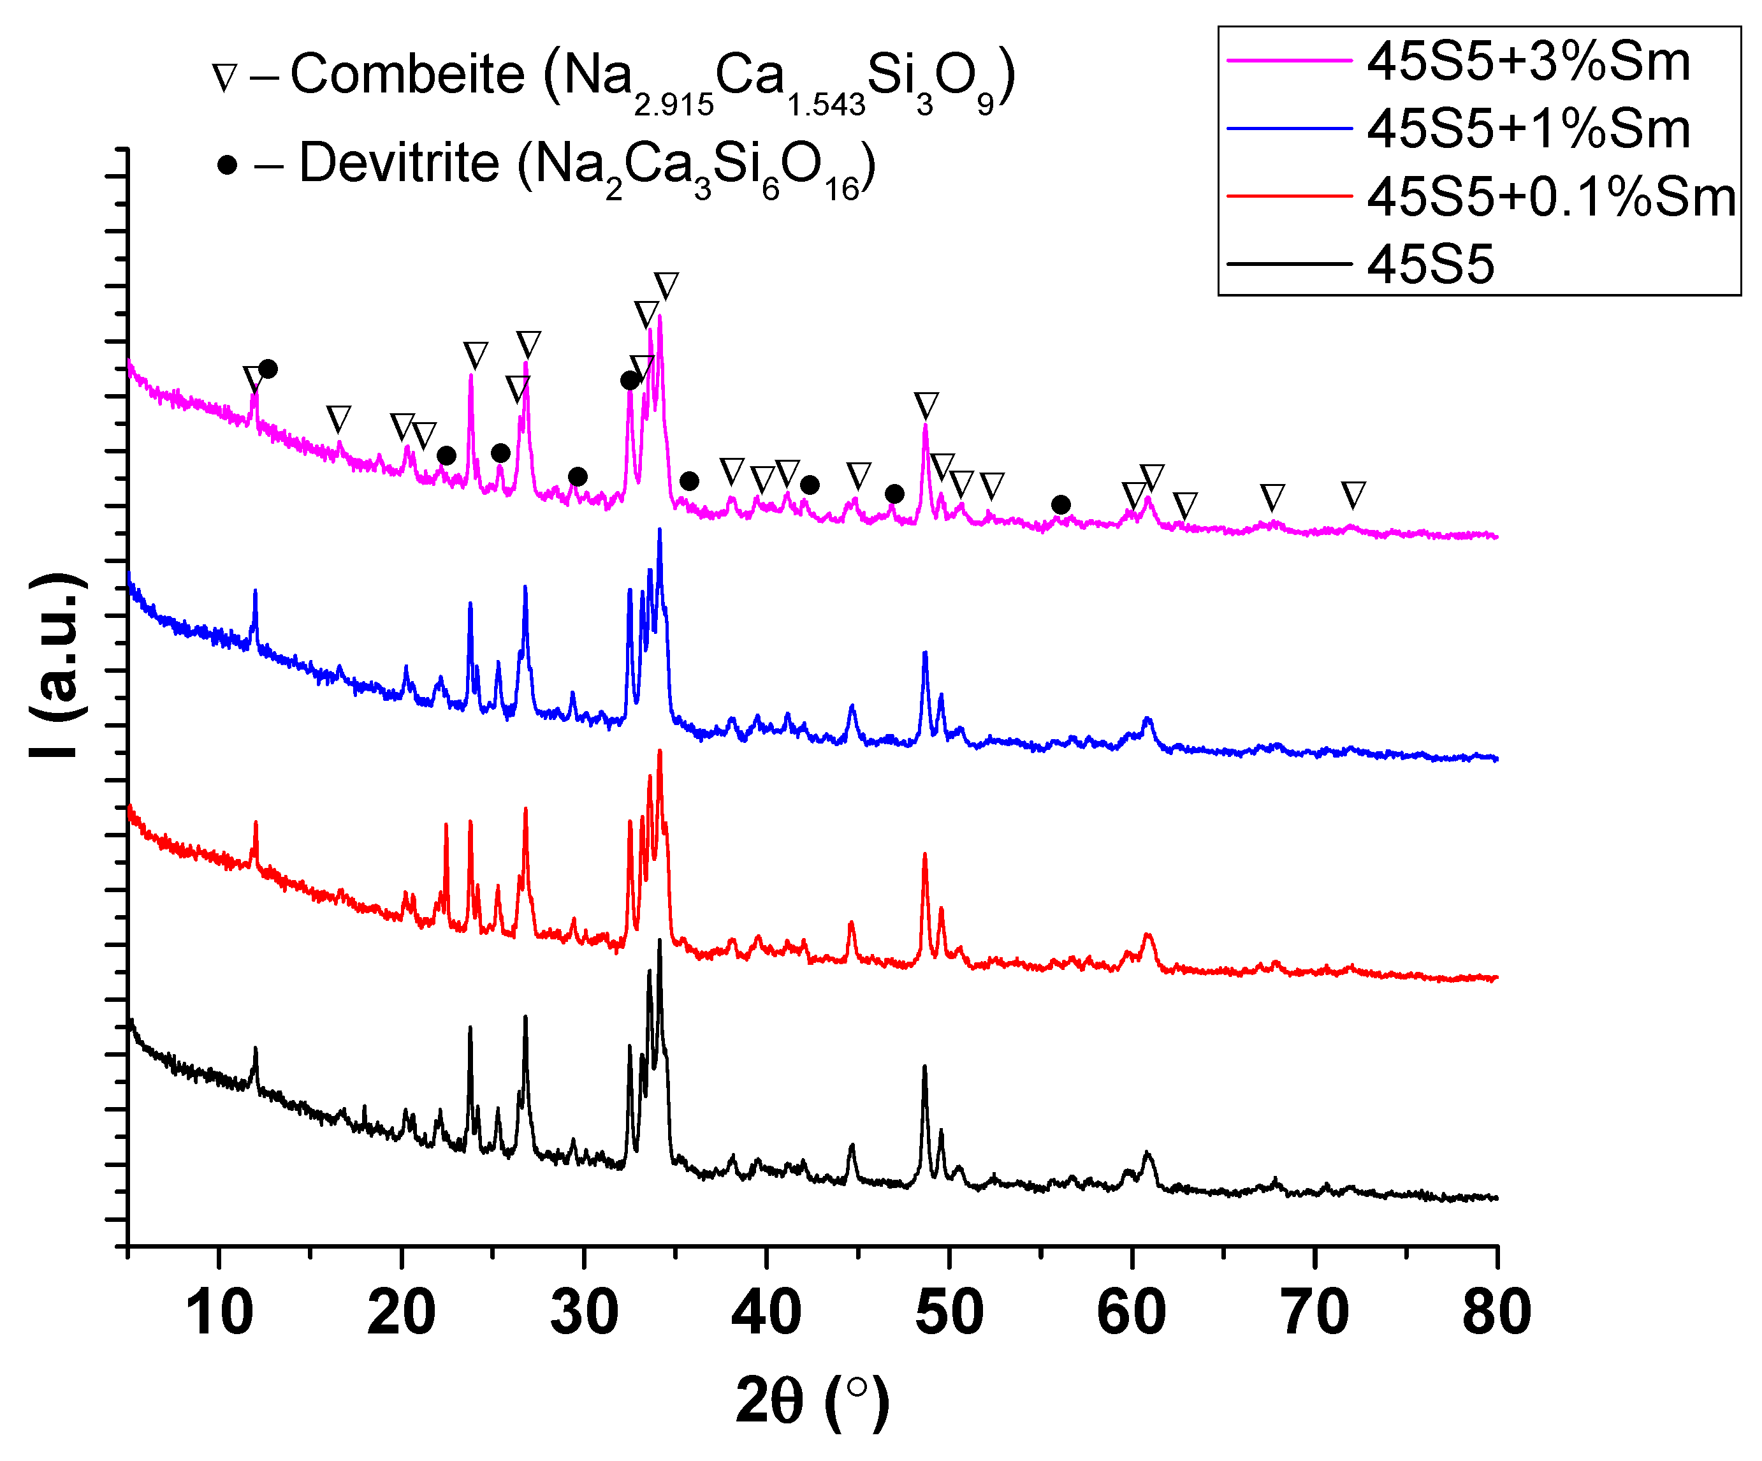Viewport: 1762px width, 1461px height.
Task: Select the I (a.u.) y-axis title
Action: click(57, 667)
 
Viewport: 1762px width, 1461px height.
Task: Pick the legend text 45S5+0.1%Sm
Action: click(1550, 197)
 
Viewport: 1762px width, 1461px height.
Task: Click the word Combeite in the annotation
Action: click(408, 74)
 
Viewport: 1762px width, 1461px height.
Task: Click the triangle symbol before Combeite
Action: click(225, 77)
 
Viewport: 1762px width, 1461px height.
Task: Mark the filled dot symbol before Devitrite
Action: click(226, 165)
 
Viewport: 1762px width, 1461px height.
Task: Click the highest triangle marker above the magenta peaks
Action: click(666, 285)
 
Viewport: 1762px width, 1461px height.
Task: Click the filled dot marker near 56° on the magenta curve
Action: click(1061, 504)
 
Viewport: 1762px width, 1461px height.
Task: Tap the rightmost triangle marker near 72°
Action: click(1353, 494)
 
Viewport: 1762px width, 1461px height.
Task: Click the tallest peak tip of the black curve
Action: click(660, 941)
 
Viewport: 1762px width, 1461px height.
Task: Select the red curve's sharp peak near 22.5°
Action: click(446, 825)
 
